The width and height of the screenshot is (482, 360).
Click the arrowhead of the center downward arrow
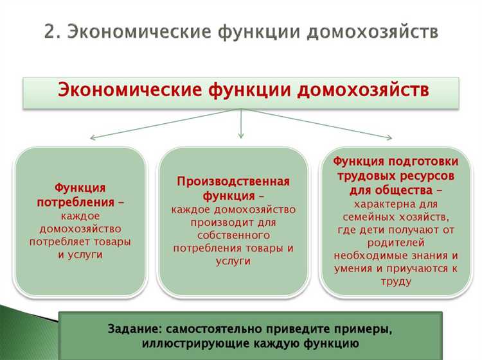click(x=241, y=135)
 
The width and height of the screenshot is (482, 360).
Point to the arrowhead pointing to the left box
click(x=93, y=137)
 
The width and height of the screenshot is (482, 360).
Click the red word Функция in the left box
click(x=80, y=187)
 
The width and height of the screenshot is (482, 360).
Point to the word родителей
click(x=395, y=242)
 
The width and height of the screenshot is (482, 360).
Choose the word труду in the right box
click(x=395, y=280)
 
